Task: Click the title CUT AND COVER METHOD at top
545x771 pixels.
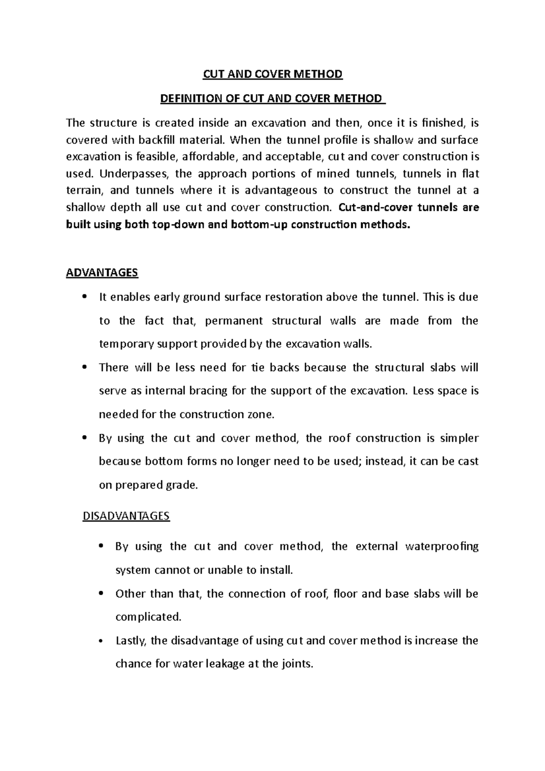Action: (272, 74)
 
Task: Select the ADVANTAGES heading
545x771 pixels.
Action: (102, 272)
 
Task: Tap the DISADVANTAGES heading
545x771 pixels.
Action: (126, 516)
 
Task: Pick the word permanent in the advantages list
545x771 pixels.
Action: (233, 321)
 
